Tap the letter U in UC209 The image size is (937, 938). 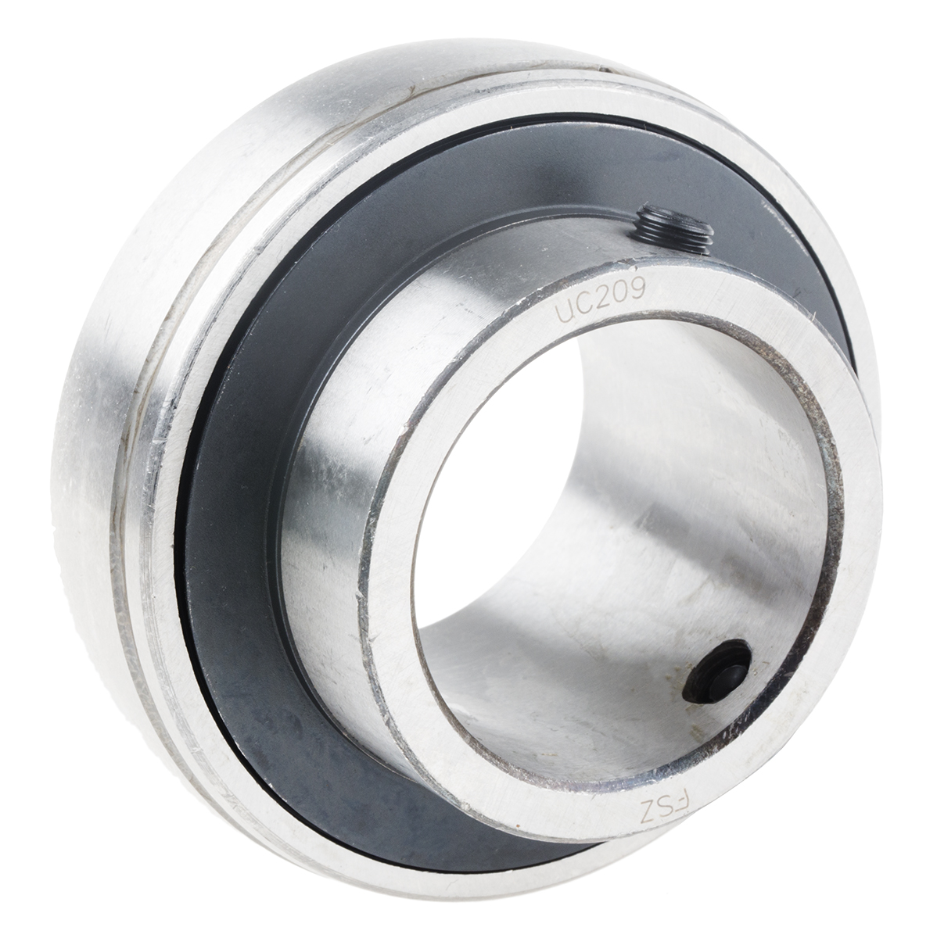(x=562, y=310)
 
